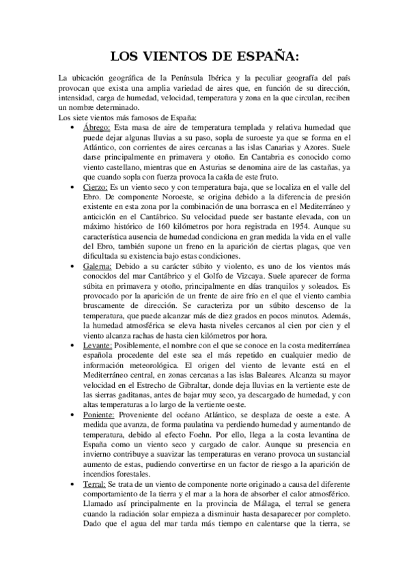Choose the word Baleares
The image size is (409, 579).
pyautogui.click(x=284, y=374)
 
